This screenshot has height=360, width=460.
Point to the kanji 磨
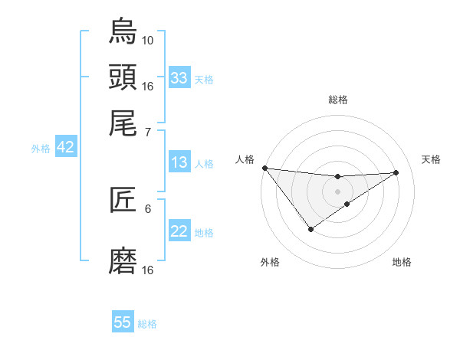coord(123,260)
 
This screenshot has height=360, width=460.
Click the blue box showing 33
coord(179,78)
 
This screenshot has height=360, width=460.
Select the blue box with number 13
coord(179,162)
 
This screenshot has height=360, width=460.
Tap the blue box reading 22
coord(179,231)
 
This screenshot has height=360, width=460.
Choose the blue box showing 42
coord(65,147)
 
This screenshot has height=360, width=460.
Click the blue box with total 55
coord(123,322)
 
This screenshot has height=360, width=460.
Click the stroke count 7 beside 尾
coord(148,133)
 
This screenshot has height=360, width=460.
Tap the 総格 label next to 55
coord(147,324)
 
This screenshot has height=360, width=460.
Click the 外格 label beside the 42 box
coord(41,149)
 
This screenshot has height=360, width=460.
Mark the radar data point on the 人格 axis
coord(264,168)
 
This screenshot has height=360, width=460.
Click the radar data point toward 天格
coord(396,172)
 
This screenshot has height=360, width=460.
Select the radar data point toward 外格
coord(310,229)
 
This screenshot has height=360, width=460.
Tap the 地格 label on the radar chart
coord(402,262)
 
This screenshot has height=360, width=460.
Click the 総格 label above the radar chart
coord(337,100)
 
